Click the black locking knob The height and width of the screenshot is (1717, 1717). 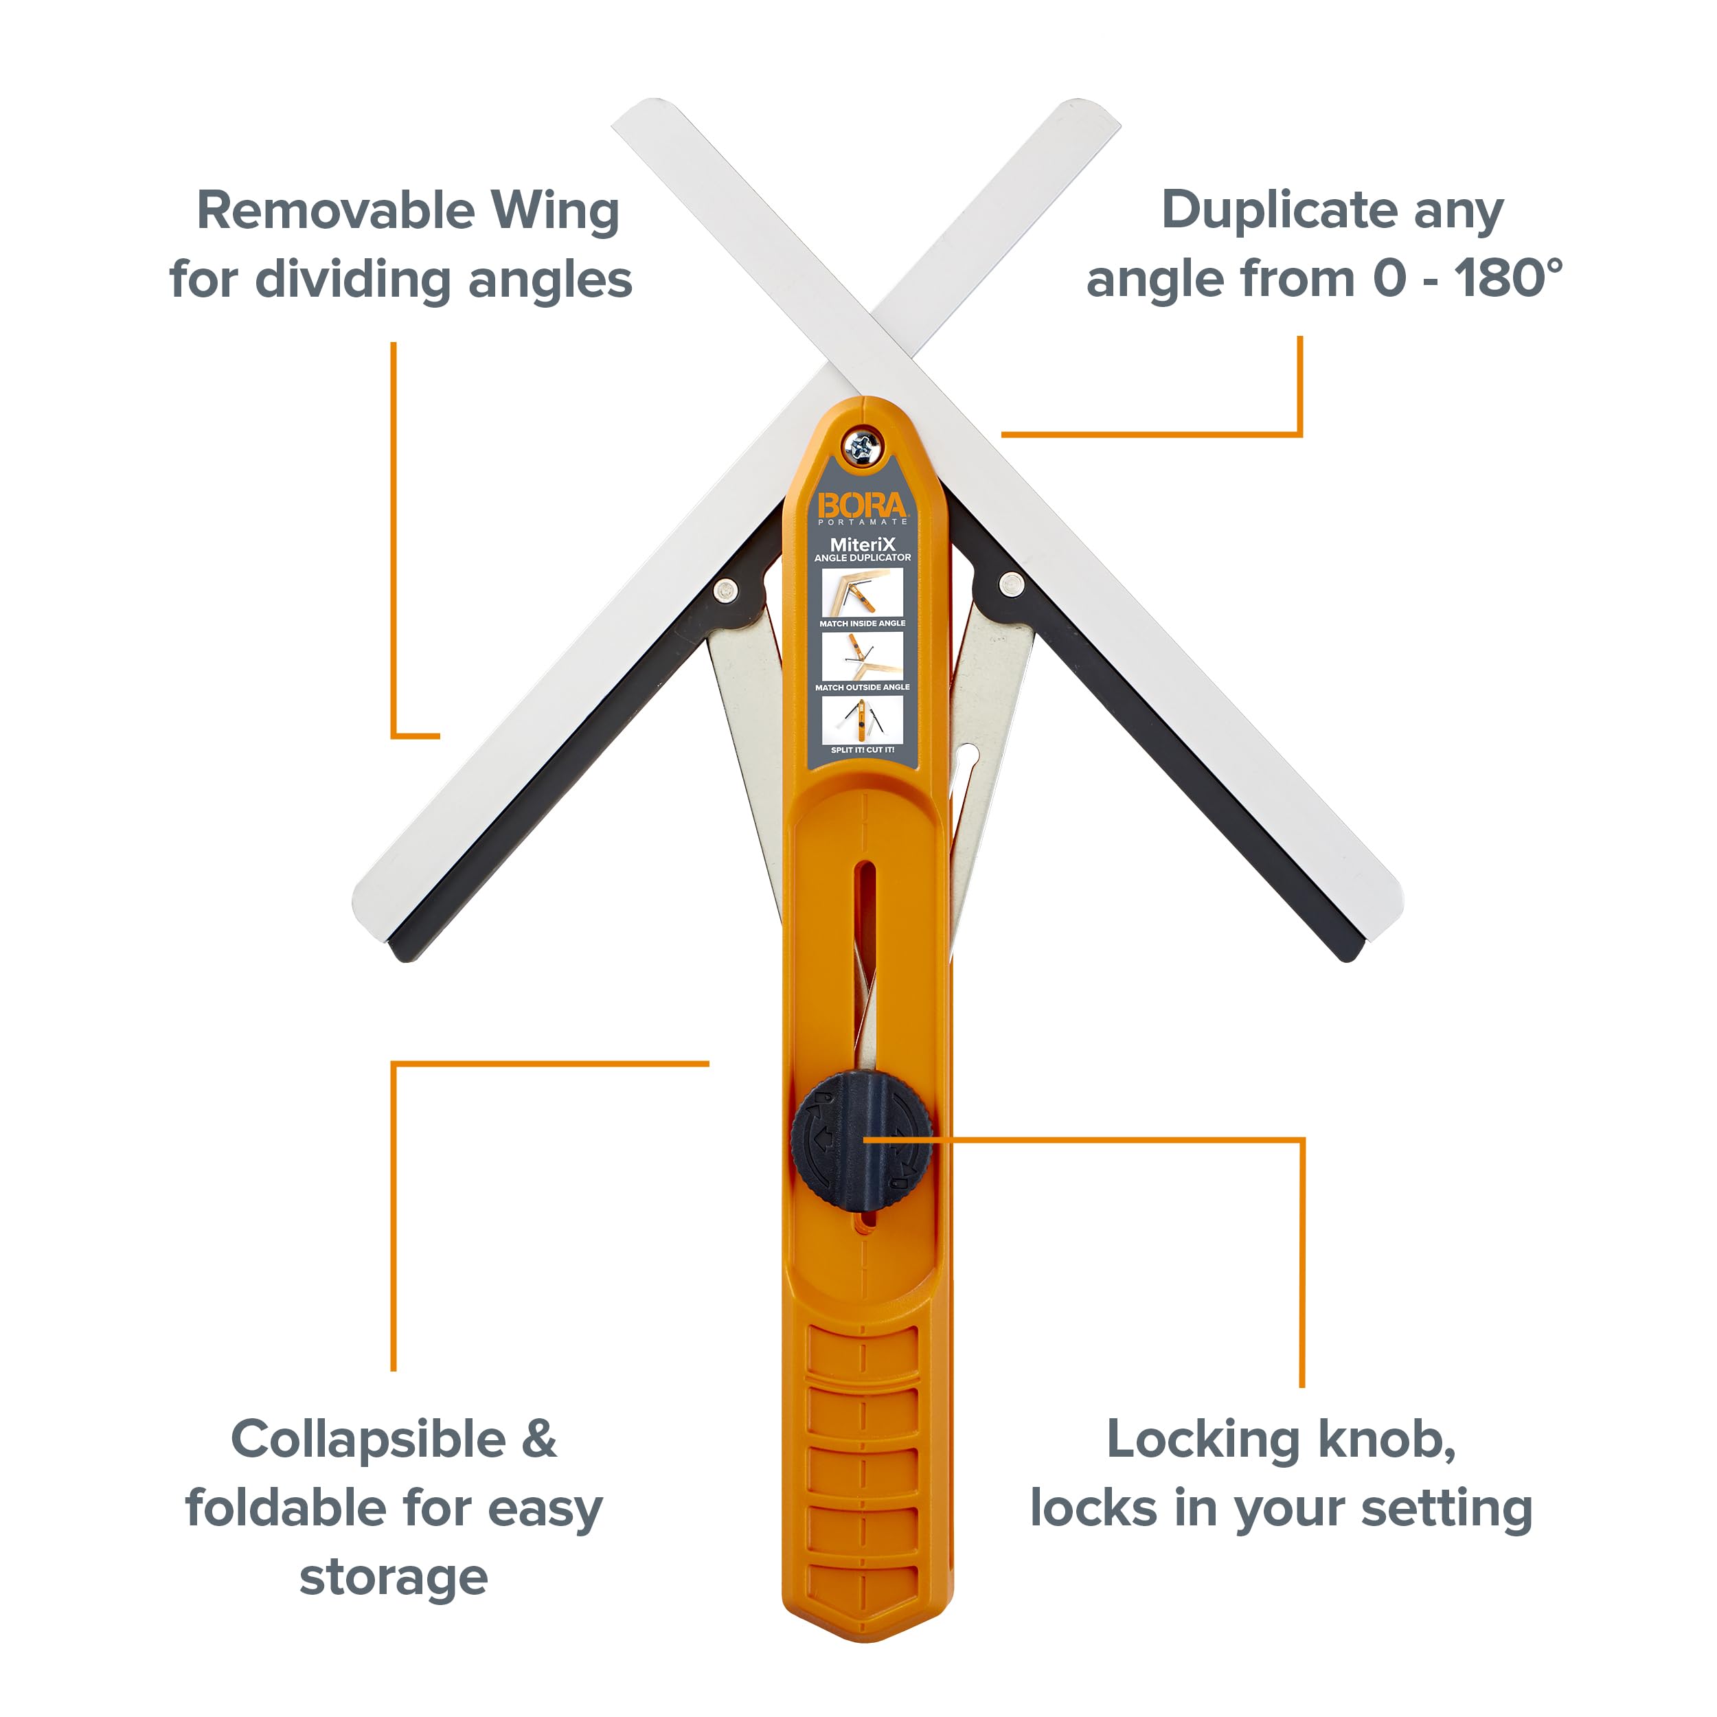[861, 1141]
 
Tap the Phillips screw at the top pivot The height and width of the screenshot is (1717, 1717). [861, 445]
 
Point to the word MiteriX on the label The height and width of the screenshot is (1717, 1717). [862, 544]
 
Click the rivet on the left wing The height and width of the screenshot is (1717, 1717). [725, 589]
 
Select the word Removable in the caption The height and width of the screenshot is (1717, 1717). [335, 211]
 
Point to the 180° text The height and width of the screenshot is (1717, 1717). [1508, 279]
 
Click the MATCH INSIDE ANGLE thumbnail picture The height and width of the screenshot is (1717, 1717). [862, 591]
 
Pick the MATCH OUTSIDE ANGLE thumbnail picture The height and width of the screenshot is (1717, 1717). [862, 655]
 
